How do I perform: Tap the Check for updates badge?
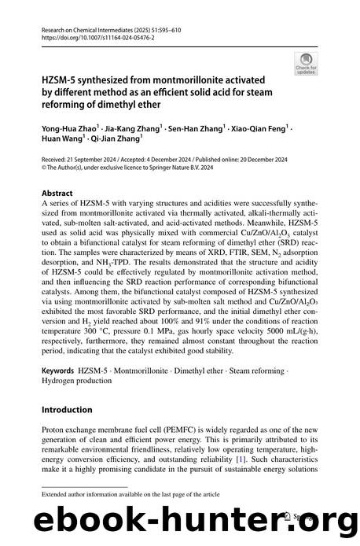click(x=302, y=62)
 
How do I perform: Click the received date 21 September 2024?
click(x=98, y=155)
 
